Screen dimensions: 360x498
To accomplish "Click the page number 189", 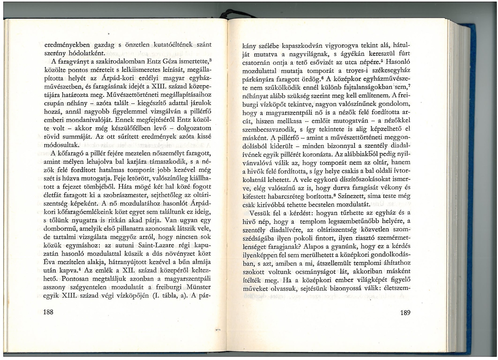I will [x=405, y=312].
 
